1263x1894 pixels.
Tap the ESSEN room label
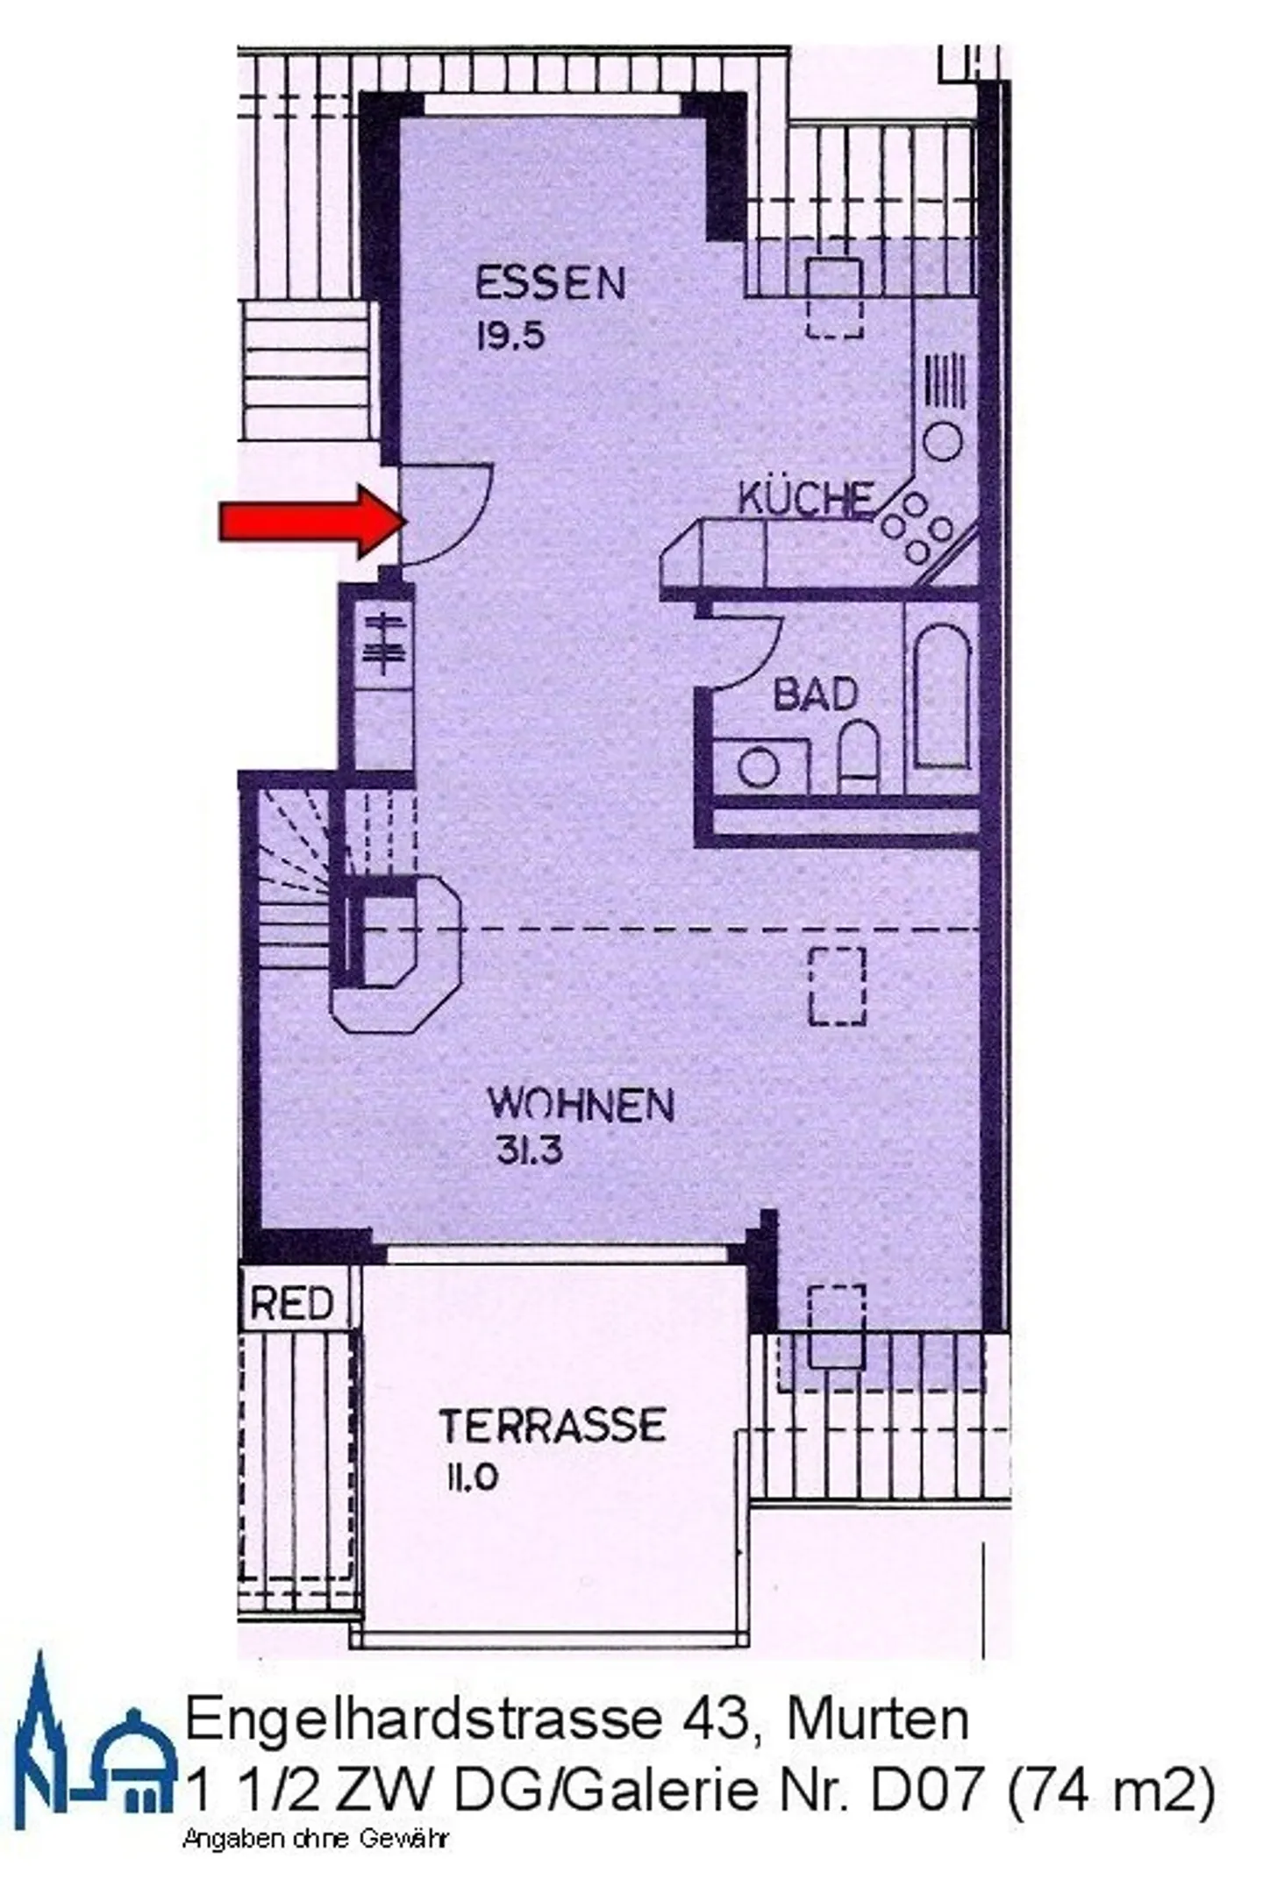pyautogui.click(x=550, y=284)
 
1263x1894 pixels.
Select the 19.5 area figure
pyautogui.click(x=510, y=336)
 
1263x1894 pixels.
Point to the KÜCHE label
pyautogui.click(x=805, y=499)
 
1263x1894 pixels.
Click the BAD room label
pyautogui.click(x=815, y=694)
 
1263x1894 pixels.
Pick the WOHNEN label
pyautogui.click(x=581, y=1104)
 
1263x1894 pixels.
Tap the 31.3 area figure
pyautogui.click(x=529, y=1150)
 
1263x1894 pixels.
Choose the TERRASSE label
pyautogui.click(x=553, y=1426)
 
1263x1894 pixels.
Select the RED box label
pyautogui.click(x=292, y=1304)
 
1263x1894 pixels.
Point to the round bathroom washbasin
pyautogui.click(x=759, y=767)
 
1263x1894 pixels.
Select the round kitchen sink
pyautogui.click(x=943, y=440)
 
